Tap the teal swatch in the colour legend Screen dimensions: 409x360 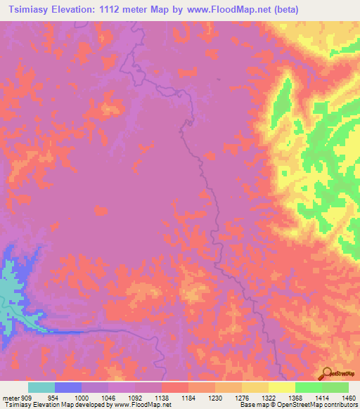click(41, 387)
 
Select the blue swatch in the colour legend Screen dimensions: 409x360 click(68, 387)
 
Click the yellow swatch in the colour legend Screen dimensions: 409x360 click(282, 387)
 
